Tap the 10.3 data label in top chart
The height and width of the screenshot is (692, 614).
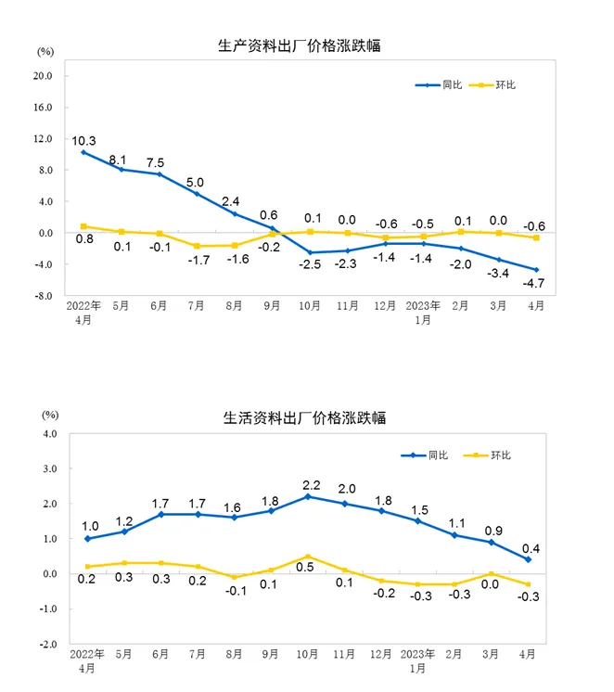click(x=84, y=140)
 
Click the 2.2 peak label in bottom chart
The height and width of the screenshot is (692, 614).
click(x=308, y=484)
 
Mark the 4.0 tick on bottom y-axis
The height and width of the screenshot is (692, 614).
click(x=50, y=433)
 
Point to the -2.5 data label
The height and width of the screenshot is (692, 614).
click(x=310, y=265)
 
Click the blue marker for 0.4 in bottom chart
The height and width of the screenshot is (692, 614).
click(x=529, y=559)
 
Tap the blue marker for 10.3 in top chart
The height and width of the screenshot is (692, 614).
click(x=83, y=152)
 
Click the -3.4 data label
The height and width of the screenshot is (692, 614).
click(x=499, y=273)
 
